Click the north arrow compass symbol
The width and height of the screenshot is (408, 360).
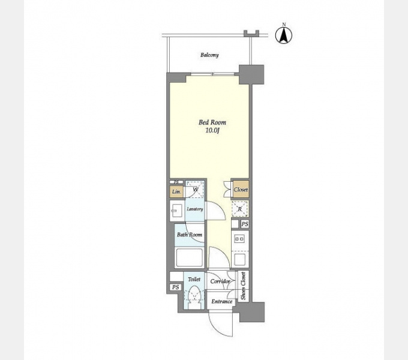[x=284, y=35]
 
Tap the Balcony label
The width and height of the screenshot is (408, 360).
[x=209, y=55]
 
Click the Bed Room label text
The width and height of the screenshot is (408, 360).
[x=212, y=122]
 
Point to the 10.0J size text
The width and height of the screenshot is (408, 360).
[x=212, y=131]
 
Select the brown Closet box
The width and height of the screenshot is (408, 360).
[x=241, y=190]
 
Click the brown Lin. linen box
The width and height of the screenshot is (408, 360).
[x=176, y=192]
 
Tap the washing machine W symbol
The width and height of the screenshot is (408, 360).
[x=196, y=190]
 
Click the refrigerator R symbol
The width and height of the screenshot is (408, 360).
[x=239, y=209]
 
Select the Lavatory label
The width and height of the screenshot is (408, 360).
[x=195, y=209]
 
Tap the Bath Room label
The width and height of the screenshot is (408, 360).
[x=190, y=235]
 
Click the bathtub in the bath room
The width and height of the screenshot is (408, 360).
[x=189, y=257]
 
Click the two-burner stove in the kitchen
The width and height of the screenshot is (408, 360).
[x=239, y=239]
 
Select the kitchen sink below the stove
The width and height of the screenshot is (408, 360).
[x=239, y=259]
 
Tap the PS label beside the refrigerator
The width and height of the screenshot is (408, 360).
[x=245, y=224]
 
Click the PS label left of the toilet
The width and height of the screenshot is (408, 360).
[x=176, y=287]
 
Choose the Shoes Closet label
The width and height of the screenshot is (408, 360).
[x=243, y=286]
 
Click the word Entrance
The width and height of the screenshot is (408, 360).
[x=221, y=301]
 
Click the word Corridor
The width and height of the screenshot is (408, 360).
[x=220, y=281]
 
